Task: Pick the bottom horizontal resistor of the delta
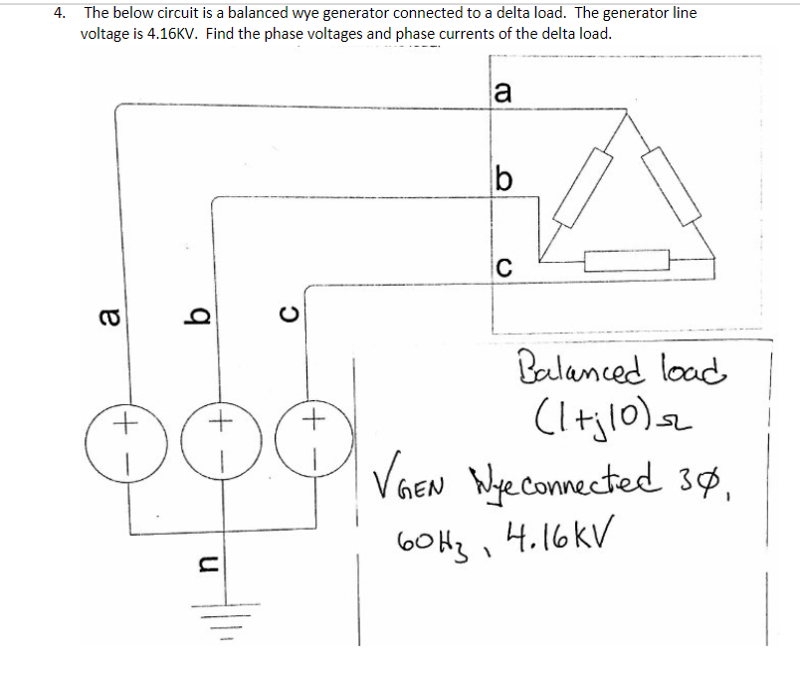pos(619,262)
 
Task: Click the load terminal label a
pos(503,93)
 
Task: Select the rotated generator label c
pos(289,318)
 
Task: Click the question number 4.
pos(62,14)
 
